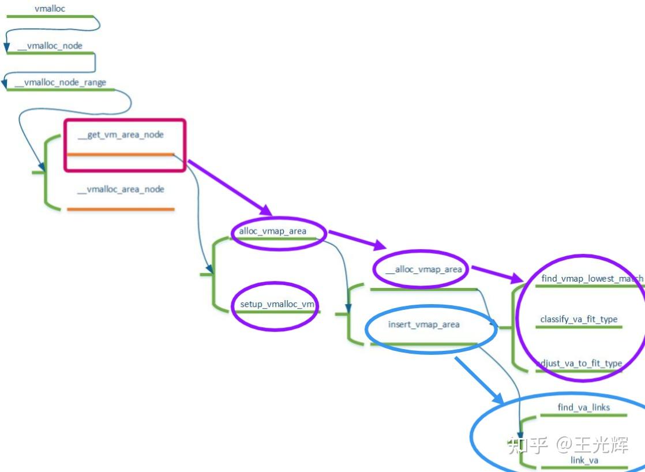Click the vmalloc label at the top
tap(50, 9)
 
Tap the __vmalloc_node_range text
tap(60, 83)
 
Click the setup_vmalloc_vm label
tap(277, 304)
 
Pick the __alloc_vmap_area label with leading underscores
tap(423, 269)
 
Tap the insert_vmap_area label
tap(424, 324)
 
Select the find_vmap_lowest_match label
tap(592, 279)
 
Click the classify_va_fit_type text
tap(579, 319)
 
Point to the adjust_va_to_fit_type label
tap(579, 363)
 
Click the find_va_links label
tap(584, 407)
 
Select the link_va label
tap(584, 460)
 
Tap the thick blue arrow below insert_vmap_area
tap(479, 380)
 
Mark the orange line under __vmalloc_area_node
tap(121, 209)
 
